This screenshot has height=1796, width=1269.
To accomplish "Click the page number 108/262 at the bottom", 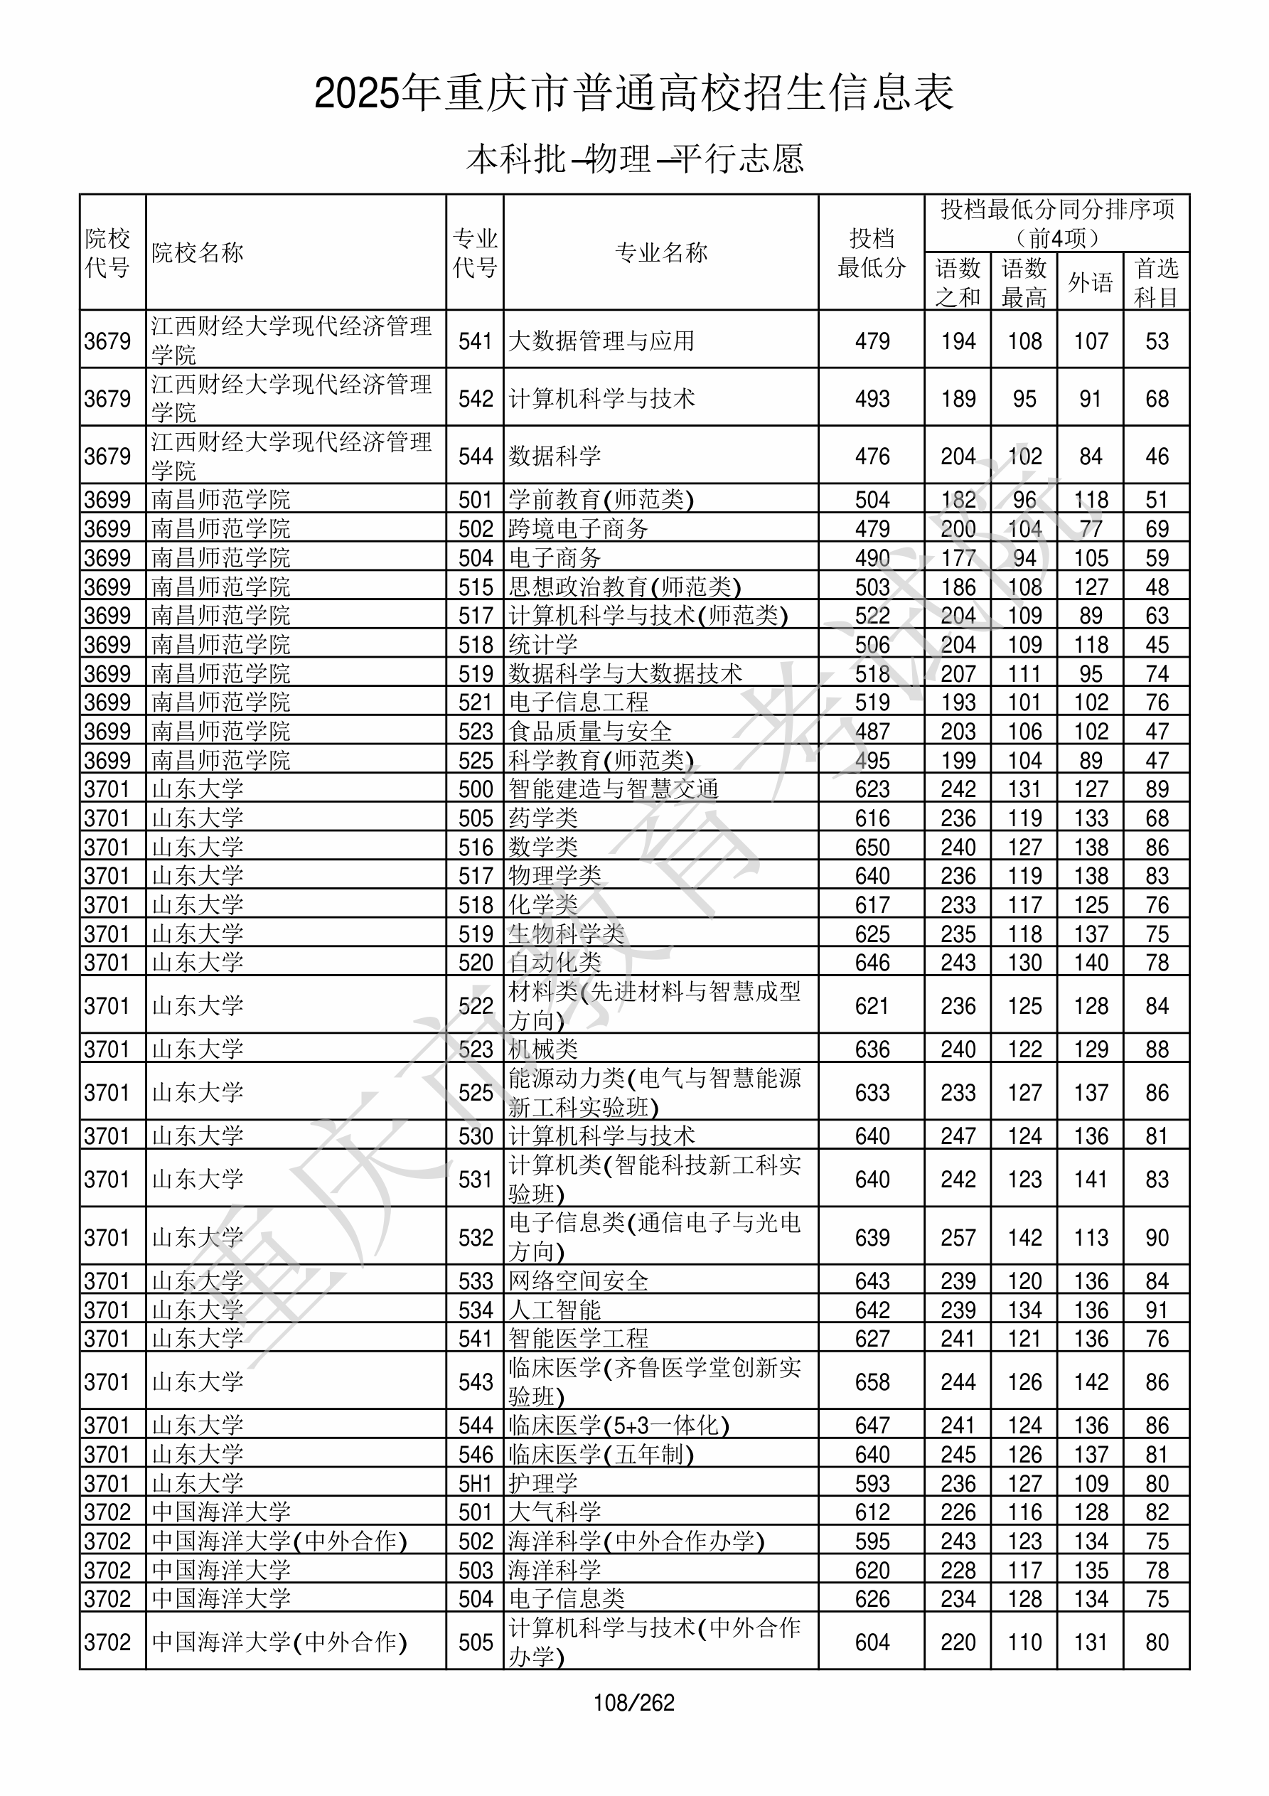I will [x=633, y=1702].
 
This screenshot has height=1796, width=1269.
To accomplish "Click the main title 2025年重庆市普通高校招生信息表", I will [x=633, y=93].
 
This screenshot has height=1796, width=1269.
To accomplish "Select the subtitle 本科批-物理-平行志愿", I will [x=634, y=159].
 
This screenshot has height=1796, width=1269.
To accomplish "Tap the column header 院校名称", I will [x=197, y=252].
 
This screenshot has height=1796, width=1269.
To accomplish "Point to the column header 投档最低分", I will [x=871, y=252].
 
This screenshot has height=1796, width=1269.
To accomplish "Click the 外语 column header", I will [x=1090, y=282].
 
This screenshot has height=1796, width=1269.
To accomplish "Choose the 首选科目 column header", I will [x=1157, y=282].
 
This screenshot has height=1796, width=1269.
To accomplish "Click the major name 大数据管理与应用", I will [x=601, y=341].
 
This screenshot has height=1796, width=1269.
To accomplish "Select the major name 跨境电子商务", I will [x=578, y=529].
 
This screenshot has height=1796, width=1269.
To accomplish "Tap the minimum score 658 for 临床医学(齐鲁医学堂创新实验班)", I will [x=872, y=1382].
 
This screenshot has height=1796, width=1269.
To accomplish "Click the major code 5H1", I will [x=475, y=1484].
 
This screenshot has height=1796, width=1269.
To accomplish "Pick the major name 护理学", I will [x=543, y=1484].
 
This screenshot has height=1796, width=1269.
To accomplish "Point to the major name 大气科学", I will [x=555, y=1512].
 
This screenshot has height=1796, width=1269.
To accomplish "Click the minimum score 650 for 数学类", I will [x=872, y=847].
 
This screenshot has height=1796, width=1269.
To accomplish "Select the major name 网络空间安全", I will [x=578, y=1281].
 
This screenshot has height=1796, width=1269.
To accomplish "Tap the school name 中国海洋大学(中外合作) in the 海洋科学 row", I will [x=279, y=1541].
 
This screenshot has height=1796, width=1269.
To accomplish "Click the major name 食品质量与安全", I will [x=590, y=732].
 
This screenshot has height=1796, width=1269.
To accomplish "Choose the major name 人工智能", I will [x=555, y=1310].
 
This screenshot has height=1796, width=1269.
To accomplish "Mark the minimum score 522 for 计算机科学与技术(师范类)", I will [x=872, y=616].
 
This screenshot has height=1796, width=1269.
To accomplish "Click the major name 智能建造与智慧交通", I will [x=614, y=789].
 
